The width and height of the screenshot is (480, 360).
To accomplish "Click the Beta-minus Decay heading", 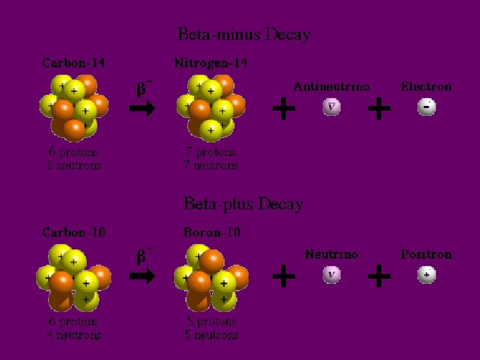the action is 244,34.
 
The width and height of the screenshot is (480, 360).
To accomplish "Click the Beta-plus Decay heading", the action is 243,203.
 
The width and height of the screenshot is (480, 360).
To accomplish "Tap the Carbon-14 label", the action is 73,63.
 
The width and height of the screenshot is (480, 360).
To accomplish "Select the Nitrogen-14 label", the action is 211,63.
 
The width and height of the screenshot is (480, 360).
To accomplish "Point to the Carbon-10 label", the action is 73,233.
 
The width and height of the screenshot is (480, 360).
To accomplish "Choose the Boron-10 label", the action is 212,233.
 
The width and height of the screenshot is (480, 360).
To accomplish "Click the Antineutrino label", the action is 331,87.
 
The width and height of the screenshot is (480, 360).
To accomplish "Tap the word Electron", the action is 426,87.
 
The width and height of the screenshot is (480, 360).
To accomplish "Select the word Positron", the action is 426,254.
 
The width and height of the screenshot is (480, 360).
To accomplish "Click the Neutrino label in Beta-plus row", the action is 331,254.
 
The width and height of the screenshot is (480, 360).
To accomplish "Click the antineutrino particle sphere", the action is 331,107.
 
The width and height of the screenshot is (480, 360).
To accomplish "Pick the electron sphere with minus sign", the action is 427,107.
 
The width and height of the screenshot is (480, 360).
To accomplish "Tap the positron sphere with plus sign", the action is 427,275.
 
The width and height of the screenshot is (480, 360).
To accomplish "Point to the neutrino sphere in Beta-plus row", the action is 331,275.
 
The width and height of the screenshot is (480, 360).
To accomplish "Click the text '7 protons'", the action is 211,152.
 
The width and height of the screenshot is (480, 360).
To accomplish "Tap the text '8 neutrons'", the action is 74,165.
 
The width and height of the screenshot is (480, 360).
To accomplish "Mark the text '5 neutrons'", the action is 211,334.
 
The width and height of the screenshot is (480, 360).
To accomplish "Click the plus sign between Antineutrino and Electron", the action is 379,108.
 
